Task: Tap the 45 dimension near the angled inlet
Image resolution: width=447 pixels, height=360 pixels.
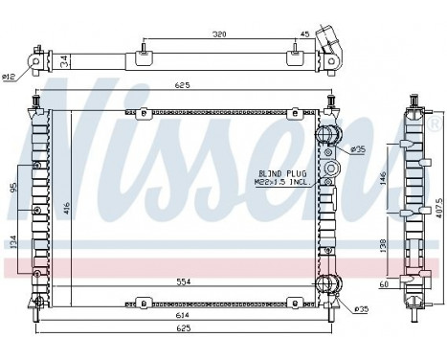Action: (304, 34)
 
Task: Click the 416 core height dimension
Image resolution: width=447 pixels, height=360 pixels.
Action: (66, 206)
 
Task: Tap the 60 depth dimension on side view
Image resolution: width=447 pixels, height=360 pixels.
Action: (383, 285)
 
